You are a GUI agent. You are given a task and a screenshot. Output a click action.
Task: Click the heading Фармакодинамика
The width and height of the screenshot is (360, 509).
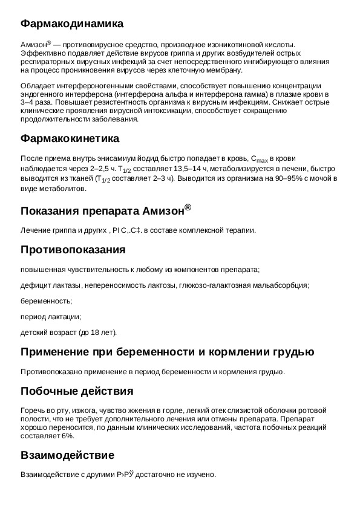click(x=72, y=24)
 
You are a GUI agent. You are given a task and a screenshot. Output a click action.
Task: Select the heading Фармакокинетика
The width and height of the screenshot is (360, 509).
click(x=70, y=139)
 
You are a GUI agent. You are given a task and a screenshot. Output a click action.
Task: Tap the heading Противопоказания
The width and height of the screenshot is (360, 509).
click(x=73, y=250)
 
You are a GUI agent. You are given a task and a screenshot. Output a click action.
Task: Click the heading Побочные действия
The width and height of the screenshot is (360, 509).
click(x=77, y=391)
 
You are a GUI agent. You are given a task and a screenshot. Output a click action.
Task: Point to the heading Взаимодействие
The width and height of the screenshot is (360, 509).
click(x=67, y=455)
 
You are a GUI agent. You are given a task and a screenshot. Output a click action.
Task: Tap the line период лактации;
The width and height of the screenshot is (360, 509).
click(x=51, y=316)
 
